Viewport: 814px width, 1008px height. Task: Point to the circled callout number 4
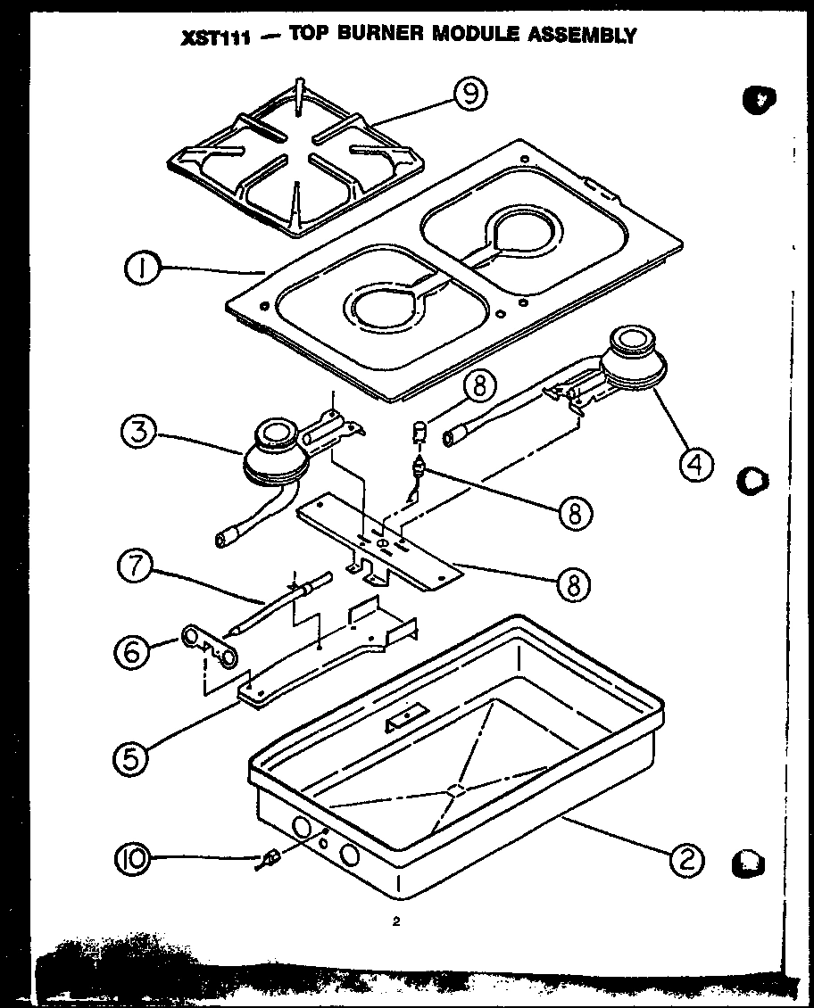click(697, 462)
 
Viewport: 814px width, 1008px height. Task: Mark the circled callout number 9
click(470, 93)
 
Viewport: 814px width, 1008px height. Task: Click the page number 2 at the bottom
click(394, 922)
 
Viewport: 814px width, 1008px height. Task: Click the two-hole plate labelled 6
click(211, 647)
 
